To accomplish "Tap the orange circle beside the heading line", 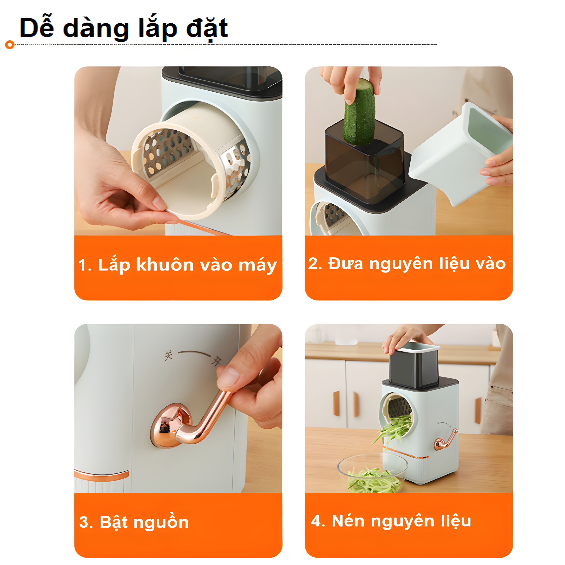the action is pyautogui.click(x=10, y=45).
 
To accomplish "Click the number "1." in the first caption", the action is pyautogui.click(x=85, y=265).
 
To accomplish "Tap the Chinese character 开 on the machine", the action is pyautogui.click(x=216, y=362).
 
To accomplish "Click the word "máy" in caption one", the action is pyautogui.click(x=258, y=266).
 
